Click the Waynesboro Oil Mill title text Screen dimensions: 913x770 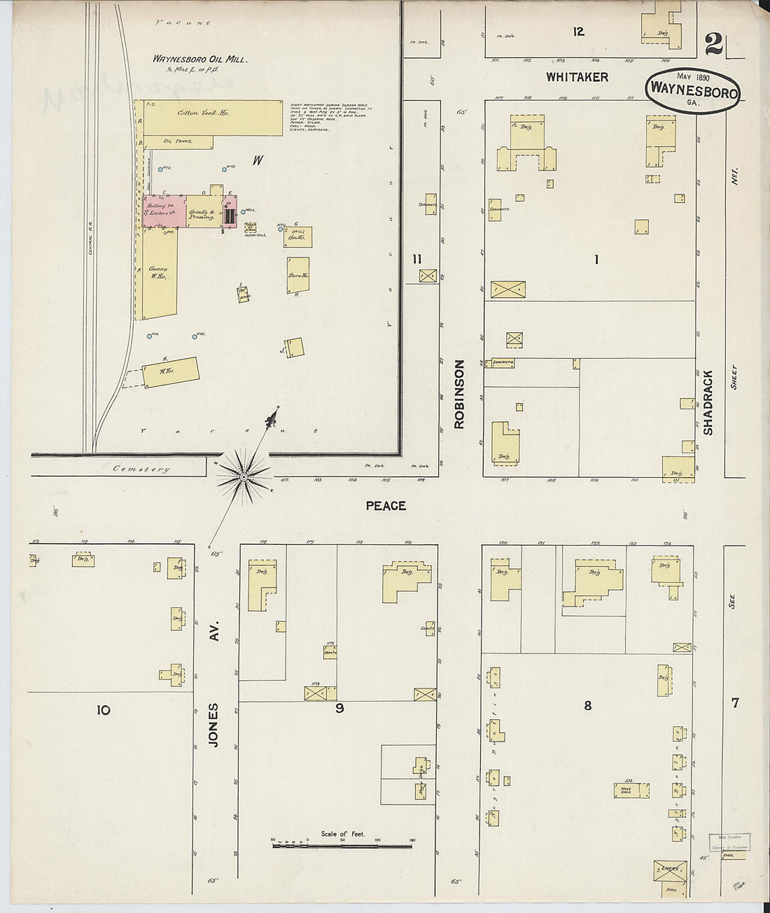coord(199,59)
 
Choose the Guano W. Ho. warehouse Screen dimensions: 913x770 coord(159,273)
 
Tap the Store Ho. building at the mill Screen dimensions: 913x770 coord(297,276)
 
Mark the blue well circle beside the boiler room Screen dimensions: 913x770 coord(243,211)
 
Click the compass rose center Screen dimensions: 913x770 coord(243,476)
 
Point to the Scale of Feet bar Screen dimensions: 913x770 coord(342,845)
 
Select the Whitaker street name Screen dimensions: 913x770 coord(577,77)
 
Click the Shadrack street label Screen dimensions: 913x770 coord(708,402)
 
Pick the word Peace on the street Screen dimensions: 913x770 coord(386,505)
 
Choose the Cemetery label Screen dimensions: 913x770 coord(141,469)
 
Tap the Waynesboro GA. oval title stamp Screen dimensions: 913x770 coord(693,90)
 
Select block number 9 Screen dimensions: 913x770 coord(339,708)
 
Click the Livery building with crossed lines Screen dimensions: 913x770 coord(671,870)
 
